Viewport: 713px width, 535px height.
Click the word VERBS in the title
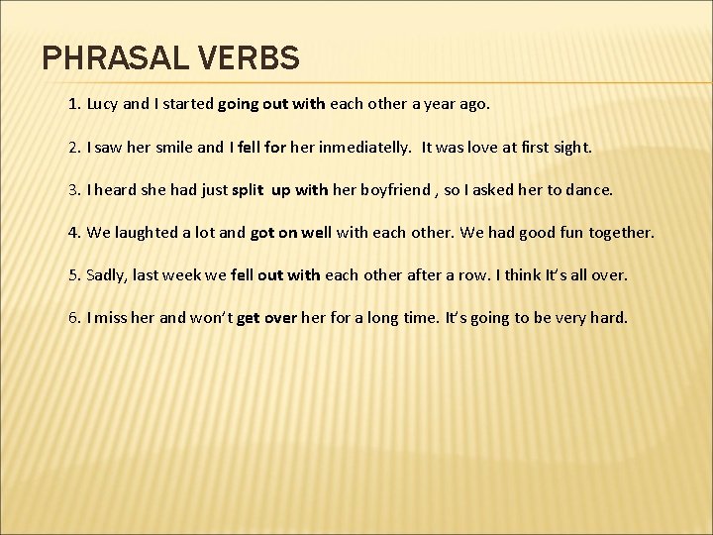pos(248,58)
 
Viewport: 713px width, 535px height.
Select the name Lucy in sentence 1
pos(102,103)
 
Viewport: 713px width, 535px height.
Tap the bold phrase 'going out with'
pos(270,103)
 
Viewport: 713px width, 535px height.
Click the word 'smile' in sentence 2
pos(173,147)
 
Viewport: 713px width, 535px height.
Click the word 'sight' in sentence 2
pos(571,147)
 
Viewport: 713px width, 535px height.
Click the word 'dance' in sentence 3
pos(590,189)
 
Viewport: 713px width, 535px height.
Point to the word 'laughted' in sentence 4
pos(152,233)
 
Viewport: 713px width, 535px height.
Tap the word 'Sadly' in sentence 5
pos(106,275)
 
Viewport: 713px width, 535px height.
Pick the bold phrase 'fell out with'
pos(275,275)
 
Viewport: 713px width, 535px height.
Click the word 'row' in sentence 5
pos(476,275)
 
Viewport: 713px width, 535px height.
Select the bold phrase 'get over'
pos(267,318)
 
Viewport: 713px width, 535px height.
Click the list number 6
pos(74,318)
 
